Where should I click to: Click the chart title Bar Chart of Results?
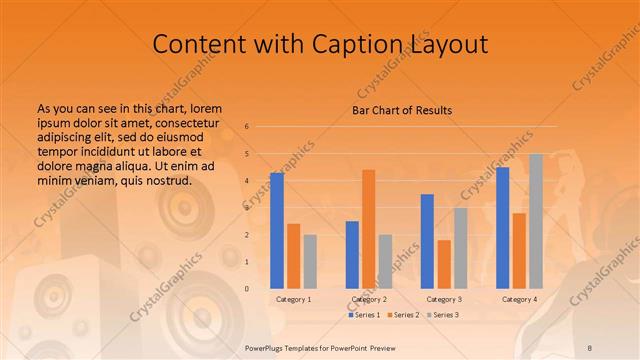(x=401, y=110)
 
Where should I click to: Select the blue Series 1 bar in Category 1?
(x=277, y=230)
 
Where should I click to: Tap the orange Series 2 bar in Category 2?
(x=369, y=229)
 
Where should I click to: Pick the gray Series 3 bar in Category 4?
(x=536, y=221)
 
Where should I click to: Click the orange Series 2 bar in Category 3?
(x=444, y=264)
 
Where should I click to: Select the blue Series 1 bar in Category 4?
(x=503, y=227)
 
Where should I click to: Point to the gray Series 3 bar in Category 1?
(x=310, y=261)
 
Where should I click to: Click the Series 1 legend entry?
(x=365, y=315)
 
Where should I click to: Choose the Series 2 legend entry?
(x=402, y=315)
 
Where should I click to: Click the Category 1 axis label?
(x=294, y=299)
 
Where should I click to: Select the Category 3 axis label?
(x=444, y=299)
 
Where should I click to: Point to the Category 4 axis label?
(x=519, y=299)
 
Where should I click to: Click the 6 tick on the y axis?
(x=246, y=127)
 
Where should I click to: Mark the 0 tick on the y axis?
(x=246, y=289)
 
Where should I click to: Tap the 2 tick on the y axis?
(x=246, y=235)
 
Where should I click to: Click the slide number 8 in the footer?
(x=589, y=346)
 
